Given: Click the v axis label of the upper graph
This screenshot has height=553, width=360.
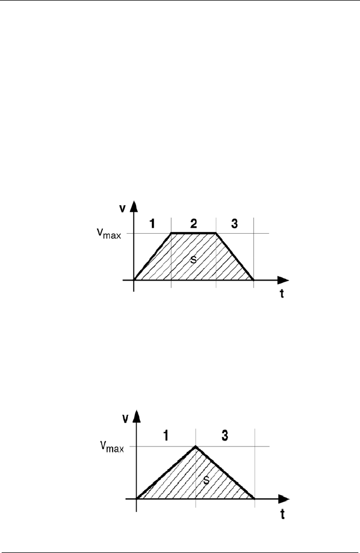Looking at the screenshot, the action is (124, 208).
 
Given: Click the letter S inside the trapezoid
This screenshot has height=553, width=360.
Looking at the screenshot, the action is (192, 260).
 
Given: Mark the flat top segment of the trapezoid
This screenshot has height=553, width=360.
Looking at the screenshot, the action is (194, 233).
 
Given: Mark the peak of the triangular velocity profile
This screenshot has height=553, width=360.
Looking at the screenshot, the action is (196, 447).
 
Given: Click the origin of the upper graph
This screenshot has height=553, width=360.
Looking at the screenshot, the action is (134, 280).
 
